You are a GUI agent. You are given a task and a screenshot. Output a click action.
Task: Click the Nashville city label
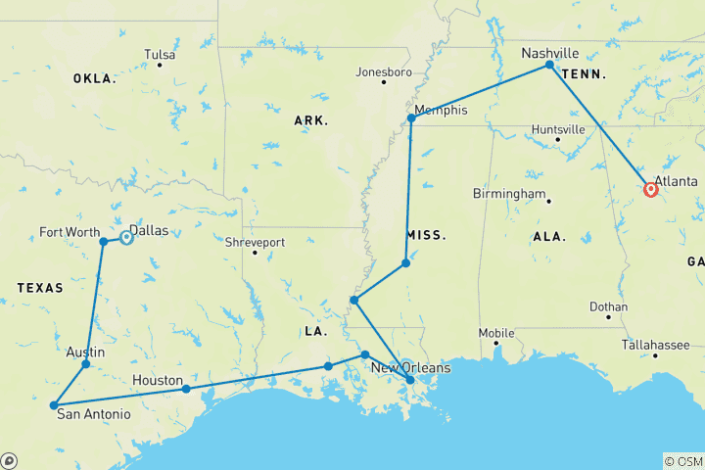[x=549, y=53]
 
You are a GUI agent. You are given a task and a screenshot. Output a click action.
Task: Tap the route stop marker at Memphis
[x=411, y=118]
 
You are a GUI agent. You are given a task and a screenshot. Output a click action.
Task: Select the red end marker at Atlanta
[x=651, y=190]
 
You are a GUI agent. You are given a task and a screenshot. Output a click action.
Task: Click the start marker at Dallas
[x=126, y=237]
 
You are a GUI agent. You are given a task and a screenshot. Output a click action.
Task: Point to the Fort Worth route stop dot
[x=104, y=241]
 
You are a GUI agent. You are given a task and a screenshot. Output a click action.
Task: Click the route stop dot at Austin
[x=85, y=364]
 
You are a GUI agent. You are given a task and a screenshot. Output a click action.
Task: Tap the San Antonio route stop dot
[x=53, y=404]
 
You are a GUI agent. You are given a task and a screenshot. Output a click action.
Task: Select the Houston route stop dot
[x=186, y=389]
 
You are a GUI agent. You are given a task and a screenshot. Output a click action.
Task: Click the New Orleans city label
[x=410, y=367]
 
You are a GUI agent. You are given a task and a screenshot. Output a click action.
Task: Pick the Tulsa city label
[x=160, y=55]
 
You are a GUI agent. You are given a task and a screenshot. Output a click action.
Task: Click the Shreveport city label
[x=255, y=242]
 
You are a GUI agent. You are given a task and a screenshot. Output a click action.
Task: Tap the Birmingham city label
[x=509, y=194]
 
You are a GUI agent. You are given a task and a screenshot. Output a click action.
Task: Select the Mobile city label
[x=496, y=333]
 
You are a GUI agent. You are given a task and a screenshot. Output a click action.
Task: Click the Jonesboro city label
[x=383, y=71]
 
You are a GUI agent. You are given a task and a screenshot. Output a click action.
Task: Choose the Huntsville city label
[x=558, y=129]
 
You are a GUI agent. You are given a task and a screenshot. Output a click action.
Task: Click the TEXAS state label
[x=40, y=288]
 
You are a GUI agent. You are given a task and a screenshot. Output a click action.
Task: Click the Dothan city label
[x=608, y=306]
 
